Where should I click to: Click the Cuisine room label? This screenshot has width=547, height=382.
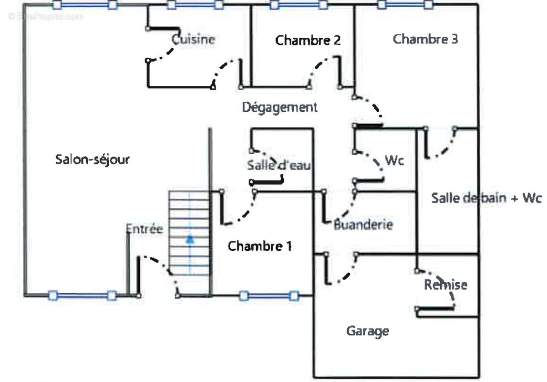(x=193, y=39)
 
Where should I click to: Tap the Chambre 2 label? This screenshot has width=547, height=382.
(x=308, y=40)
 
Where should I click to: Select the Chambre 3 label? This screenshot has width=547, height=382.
(x=425, y=39)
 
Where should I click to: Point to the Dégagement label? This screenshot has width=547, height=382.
(x=279, y=107)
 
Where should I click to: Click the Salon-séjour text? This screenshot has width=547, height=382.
(x=92, y=159)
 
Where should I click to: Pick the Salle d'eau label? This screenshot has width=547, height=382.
(x=279, y=165)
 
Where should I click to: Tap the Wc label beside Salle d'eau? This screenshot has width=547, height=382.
(x=394, y=161)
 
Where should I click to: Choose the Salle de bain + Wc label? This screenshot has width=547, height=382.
(x=486, y=198)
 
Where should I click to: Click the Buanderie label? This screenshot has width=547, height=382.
(x=363, y=224)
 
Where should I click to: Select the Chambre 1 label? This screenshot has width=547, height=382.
(x=259, y=246)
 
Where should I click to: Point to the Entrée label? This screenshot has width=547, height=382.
(x=144, y=229)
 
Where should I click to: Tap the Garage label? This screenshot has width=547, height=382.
(x=367, y=330)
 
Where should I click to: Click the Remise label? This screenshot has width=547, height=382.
(x=445, y=285)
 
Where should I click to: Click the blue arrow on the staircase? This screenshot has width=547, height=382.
(x=190, y=239)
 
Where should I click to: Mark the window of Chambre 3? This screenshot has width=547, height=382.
(x=405, y=5)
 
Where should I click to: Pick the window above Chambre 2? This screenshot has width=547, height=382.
(x=299, y=5)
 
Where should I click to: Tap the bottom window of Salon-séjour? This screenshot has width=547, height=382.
(x=82, y=296)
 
